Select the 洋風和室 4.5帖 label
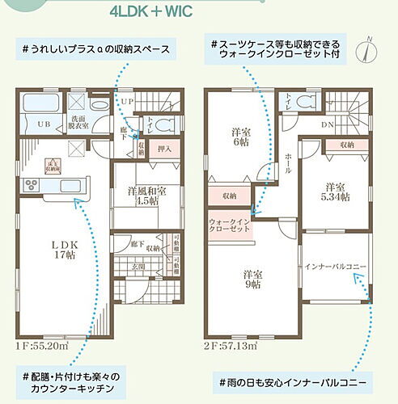coord(146,196)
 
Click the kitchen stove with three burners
coord(33,186)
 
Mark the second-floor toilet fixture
coord(304,103)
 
